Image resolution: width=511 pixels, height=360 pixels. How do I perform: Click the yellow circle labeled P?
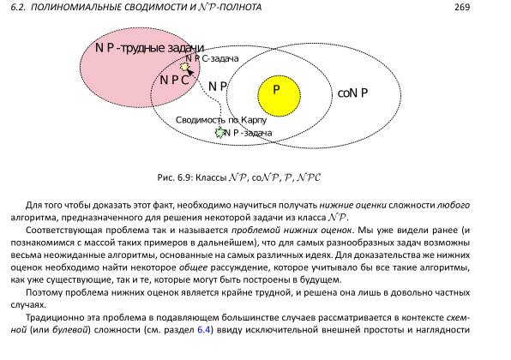276,89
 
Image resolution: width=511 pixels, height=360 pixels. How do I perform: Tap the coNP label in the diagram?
352,93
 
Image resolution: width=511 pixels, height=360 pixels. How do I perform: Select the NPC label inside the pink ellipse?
174,80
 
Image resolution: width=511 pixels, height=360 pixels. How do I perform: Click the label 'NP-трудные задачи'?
149,48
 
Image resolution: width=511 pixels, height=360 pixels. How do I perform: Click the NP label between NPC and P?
217,87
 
